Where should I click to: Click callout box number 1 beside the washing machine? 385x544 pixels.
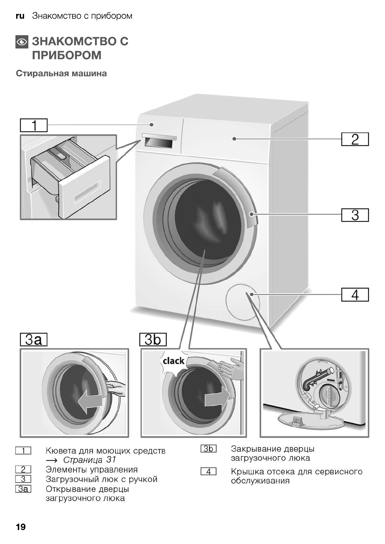coord(34,125)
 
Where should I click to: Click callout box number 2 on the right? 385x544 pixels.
coord(355,139)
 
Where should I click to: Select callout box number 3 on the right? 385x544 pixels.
coord(355,215)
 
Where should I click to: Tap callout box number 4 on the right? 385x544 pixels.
coord(355,295)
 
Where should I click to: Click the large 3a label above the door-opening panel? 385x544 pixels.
coord(34,340)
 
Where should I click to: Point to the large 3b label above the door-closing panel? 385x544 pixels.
coord(153,340)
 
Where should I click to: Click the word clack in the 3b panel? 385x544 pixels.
coord(173,361)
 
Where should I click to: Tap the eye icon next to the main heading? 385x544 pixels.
coord(22,42)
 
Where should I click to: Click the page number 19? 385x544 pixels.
coord(20,527)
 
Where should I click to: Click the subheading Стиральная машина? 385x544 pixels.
coord(61,73)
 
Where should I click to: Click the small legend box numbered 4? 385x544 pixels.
coord(208,472)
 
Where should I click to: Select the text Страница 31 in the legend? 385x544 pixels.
coord(89,460)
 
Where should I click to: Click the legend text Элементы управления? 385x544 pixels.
coord(92,469)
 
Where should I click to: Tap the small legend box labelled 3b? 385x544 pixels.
coord(208,449)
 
